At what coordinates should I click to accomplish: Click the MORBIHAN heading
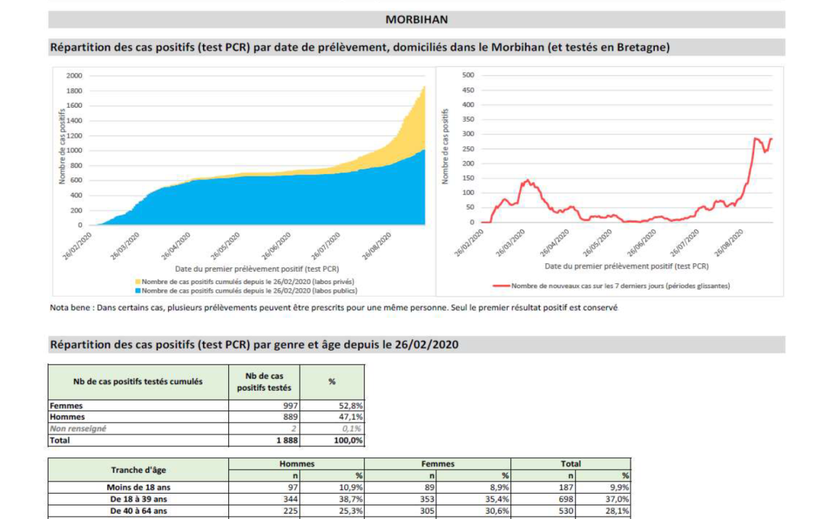[416, 19]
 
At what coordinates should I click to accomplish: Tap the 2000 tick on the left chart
[74, 76]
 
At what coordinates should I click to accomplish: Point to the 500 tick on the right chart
[468, 75]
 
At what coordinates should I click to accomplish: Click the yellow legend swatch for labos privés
[138, 282]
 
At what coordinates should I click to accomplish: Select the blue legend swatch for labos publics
[138, 291]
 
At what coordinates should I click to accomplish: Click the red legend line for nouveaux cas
[501, 286]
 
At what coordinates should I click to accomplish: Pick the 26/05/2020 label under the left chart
[226, 246]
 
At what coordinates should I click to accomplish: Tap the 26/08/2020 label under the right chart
[729, 243]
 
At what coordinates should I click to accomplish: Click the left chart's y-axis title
[62, 147]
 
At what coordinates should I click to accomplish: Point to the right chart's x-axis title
[626, 266]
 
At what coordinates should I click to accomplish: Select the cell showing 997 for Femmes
[290, 405]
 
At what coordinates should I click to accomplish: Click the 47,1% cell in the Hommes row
[351, 417]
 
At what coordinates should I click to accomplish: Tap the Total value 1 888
[287, 441]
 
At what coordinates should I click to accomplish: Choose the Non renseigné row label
[78, 429]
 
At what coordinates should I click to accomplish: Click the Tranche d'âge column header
[138, 470]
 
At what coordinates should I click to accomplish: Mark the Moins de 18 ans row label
[138, 487]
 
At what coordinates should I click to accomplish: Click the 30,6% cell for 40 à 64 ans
[497, 511]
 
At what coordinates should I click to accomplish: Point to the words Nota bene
[70, 308]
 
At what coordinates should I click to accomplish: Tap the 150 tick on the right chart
[468, 178]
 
